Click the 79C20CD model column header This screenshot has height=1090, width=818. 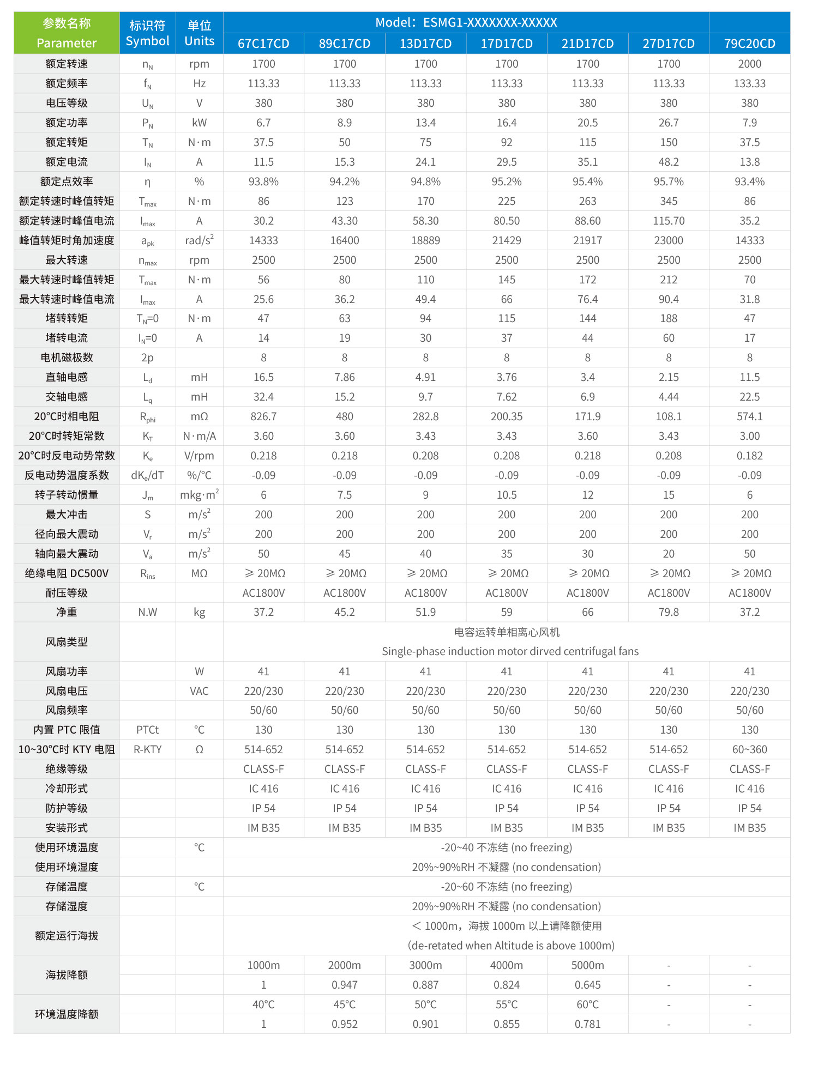pos(749,44)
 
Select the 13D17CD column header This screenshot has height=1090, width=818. pos(425,44)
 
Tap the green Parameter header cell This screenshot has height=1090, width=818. pos(67,33)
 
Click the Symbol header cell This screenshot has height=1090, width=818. pos(147,33)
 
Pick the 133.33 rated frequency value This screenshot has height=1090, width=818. pos(749,83)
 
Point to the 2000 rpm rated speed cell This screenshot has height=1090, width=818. pos(749,64)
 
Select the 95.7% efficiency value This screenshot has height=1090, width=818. pos(669,181)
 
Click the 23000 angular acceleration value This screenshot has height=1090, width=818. pos(669,240)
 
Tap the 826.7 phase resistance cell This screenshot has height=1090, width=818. pos(263,416)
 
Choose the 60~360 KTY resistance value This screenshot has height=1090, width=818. pos(749,749)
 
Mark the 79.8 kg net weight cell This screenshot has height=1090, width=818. pos(669,612)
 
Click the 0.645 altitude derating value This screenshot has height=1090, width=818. pos(587,985)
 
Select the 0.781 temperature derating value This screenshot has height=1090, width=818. pos(587,1024)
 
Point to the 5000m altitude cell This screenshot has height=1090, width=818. pos(587,965)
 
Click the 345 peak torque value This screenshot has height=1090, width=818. pos(669,201)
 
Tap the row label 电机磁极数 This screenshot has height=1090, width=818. pos(67,358)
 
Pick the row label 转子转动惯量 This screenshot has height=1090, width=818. pos(67,495)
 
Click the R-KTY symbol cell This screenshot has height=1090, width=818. pos(147,749)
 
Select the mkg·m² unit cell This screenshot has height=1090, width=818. pos(199,495)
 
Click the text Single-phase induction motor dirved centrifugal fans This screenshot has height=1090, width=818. pos(510,651)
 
